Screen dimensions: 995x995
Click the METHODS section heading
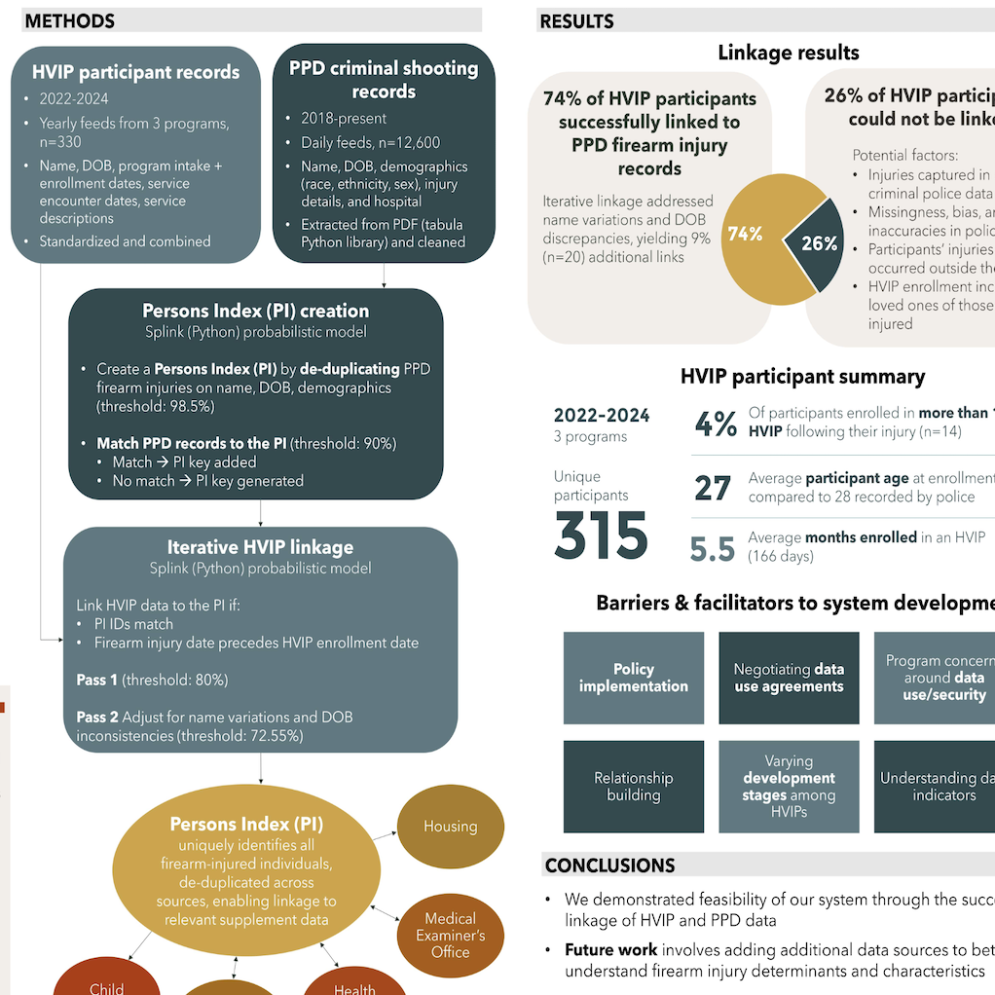69,20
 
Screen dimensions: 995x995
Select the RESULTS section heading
576,20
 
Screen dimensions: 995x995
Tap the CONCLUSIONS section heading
609,866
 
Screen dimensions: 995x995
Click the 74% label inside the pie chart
745,234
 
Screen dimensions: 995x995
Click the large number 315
601,536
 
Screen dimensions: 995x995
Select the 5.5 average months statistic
712,549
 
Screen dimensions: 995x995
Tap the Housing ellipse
450,827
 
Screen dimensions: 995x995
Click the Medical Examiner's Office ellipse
450,935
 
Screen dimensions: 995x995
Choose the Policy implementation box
634,678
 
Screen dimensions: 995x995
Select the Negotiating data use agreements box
789,678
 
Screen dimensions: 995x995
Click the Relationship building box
634,787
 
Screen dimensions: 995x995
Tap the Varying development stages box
789,787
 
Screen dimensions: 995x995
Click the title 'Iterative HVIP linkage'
260,547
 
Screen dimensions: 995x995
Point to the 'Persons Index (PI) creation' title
256,312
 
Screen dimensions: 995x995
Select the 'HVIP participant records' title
135,72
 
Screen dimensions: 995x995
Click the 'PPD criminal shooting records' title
384,80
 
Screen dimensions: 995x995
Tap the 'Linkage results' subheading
789,53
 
